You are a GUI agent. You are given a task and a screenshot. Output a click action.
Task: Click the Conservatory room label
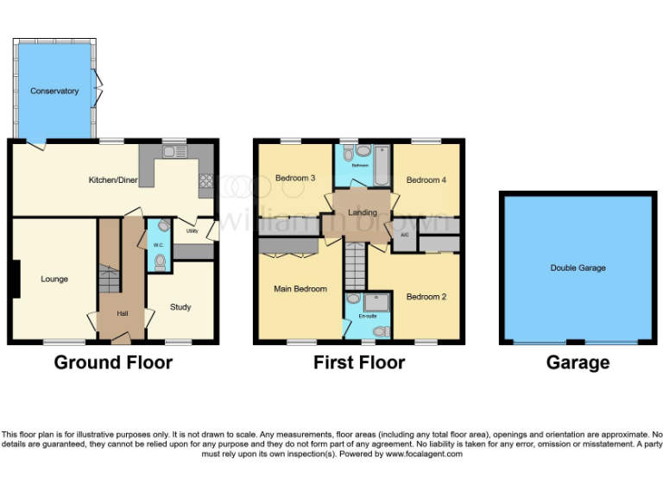point(54,91)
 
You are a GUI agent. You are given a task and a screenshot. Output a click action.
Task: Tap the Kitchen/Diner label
point(113,180)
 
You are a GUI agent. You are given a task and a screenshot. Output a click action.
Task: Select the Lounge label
point(54,279)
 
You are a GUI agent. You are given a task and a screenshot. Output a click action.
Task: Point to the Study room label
point(180,307)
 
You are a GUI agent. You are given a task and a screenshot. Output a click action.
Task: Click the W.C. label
point(158,245)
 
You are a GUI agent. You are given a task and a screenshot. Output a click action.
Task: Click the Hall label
point(123,312)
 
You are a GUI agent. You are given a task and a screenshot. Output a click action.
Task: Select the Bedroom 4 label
point(426,180)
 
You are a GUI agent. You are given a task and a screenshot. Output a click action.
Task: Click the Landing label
point(362,213)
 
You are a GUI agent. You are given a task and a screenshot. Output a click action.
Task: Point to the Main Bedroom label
point(300,289)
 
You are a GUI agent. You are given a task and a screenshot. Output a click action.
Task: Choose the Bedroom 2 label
point(426,297)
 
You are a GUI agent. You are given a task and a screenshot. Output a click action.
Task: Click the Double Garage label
point(578,268)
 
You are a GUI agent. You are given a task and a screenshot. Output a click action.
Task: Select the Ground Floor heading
point(113,362)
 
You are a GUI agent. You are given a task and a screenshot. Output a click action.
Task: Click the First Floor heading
point(359,362)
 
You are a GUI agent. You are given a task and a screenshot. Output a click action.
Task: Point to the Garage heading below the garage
point(578,362)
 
